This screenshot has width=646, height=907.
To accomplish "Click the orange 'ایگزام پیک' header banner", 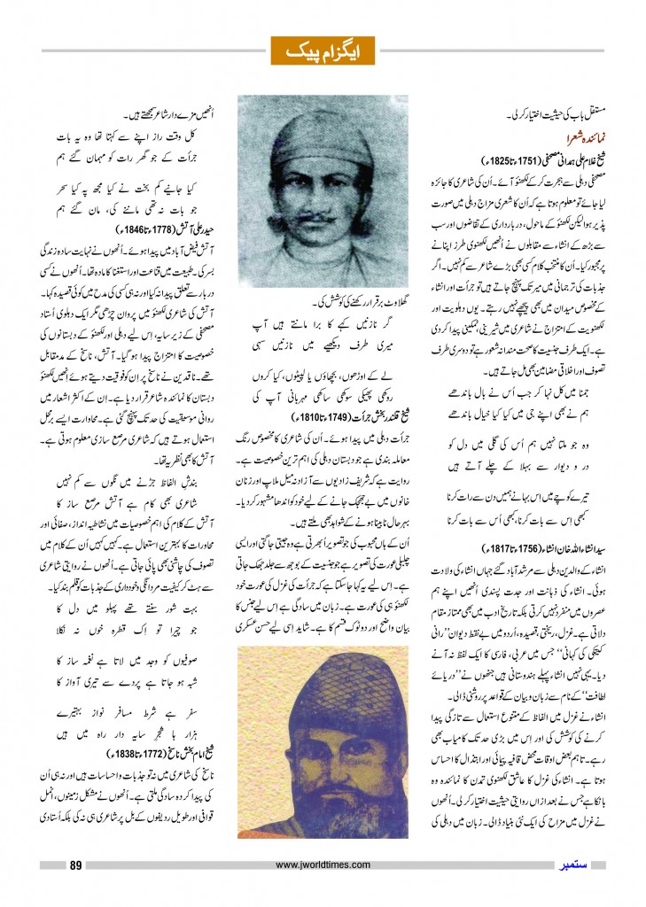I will point(322,50).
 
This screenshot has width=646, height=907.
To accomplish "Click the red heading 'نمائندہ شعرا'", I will point(556,138).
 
